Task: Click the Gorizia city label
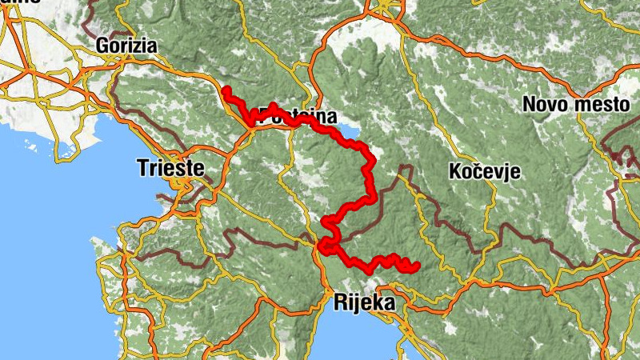point(126,46)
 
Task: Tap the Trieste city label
point(170,168)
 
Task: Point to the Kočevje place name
point(485,171)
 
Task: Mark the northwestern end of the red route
point(226,90)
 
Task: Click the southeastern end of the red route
point(416,266)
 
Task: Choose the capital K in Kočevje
point(455,171)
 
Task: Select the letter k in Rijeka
point(376,303)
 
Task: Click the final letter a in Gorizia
point(150,46)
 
